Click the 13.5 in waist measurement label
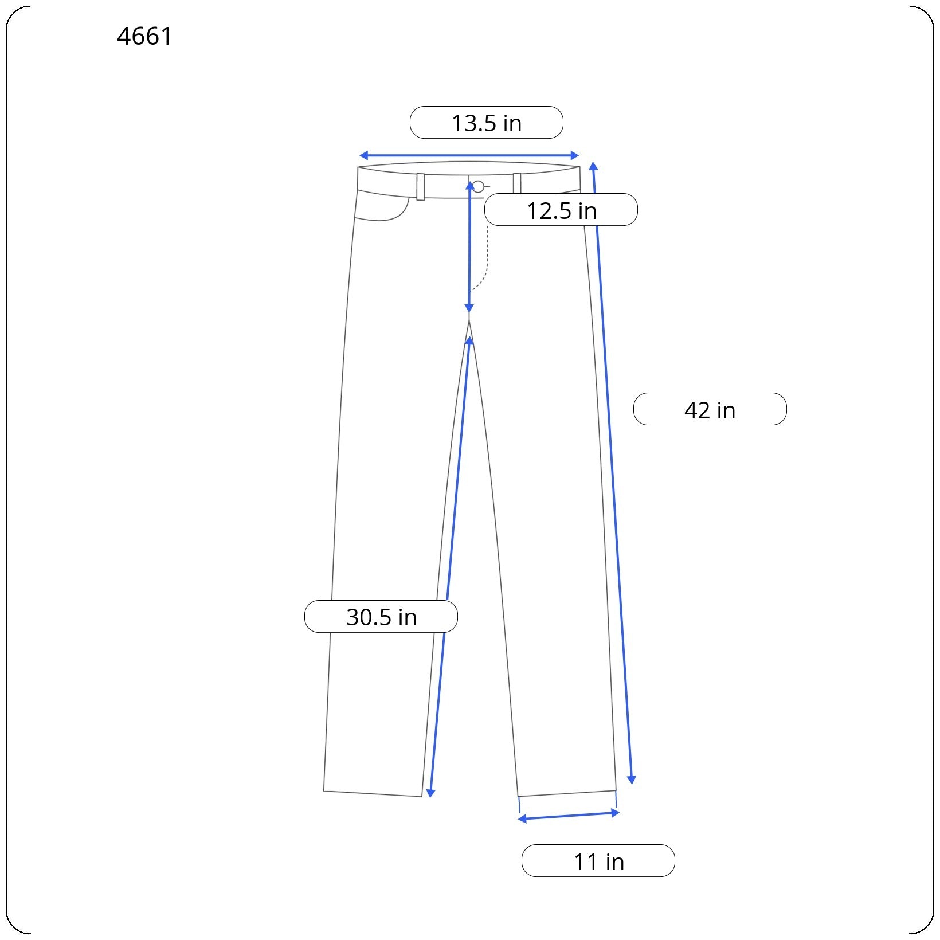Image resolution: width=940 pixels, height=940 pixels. point(487,123)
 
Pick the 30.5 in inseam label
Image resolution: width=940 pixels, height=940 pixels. point(381,617)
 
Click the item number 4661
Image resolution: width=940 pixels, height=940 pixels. point(144,37)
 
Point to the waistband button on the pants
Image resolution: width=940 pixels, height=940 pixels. point(478,186)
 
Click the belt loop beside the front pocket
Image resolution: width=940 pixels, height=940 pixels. point(421,187)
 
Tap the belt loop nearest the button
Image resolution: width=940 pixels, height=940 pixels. point(517,183)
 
